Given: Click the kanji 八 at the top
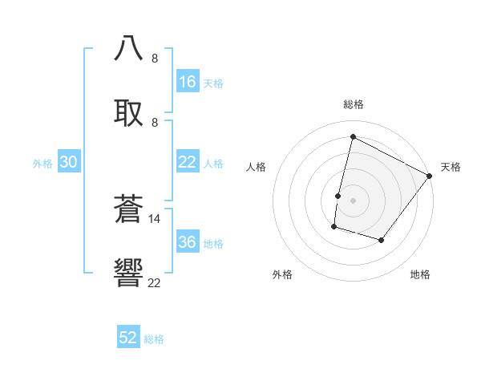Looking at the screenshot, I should coord(128,49).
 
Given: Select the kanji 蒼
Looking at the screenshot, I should coord(128,209).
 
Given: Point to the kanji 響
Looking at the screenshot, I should coord(128,274).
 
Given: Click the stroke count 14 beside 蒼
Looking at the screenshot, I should coord(155,218).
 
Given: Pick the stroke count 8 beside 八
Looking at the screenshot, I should coord(155,58).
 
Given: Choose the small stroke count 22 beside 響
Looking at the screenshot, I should coord(155,282).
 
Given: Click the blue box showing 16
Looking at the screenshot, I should coord(187,82).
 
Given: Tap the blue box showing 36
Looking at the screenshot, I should coord(187,242).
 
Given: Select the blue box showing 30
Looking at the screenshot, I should coord(68,162).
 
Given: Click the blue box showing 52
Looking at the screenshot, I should coord(128,338).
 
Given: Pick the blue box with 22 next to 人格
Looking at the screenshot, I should coord(187,162).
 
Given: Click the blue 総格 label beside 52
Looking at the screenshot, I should coord(154,339).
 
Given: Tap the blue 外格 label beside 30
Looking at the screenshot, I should coord(42,164).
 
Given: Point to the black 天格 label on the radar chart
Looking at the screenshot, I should coord(451,167).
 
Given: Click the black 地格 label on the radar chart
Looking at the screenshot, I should coord(420,274).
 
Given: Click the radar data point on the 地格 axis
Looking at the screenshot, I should coord(382,240).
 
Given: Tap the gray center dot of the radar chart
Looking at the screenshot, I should coord(353,200).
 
